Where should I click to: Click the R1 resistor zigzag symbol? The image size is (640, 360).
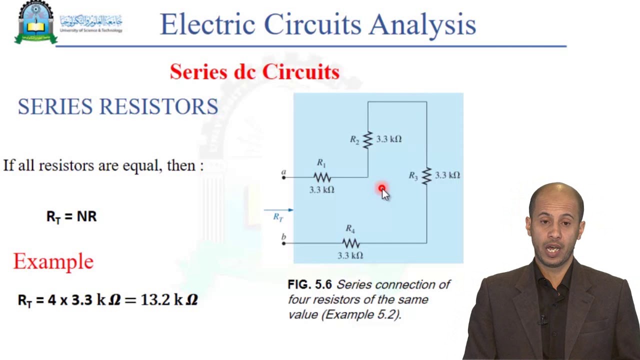(x=322, y=177)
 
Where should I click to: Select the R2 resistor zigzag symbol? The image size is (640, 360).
(x=368, y=139)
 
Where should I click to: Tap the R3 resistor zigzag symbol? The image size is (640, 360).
(x=426, y=175)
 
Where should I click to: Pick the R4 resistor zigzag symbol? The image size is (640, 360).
(x=350, y=243)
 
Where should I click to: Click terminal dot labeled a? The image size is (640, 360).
(x=283, y=177)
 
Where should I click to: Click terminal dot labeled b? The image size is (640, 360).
(x=283, y=243)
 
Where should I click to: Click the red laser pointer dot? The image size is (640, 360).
(x=382, y=188)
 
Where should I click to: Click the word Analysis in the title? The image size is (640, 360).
(x=422, y=24)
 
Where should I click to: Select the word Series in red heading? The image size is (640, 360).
(x=198, y=72)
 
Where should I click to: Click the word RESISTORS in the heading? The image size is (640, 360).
(x=158, y=106)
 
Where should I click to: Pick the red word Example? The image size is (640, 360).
(x=53, y=261)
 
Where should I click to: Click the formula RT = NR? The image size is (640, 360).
(x=71, y=216)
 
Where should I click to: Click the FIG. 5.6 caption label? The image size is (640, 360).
(x=309, y=285)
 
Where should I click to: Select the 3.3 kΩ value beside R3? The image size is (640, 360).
(x=447, y=175)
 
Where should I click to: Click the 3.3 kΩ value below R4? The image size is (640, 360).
(x=350, y=255)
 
